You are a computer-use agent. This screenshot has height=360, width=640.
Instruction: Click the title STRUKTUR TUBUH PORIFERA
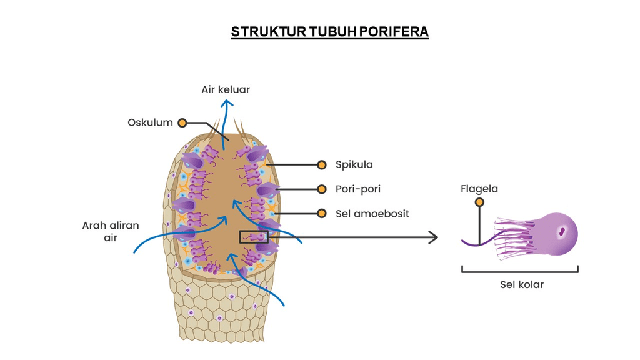[x=329, y=32]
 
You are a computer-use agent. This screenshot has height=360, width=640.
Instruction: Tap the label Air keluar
[x=226, y=89]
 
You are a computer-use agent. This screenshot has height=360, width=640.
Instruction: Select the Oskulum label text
[x=150, y=122]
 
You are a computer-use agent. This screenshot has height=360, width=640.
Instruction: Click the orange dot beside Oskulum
[x=182, y=123]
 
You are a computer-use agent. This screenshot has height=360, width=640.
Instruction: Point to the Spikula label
[x=354, y=165]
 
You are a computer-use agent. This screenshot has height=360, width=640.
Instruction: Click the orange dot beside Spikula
[x=322, y=165]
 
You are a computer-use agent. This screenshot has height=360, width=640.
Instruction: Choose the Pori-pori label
[x=358, y=189]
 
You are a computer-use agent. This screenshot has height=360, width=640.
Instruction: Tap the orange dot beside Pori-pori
[x=322, y=189]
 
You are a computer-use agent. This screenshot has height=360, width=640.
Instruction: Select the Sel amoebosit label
[x=372, y=213]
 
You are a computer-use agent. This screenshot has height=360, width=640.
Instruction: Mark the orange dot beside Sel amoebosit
[x=322, y=213]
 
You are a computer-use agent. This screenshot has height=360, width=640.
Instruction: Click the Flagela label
[x=479, y=188]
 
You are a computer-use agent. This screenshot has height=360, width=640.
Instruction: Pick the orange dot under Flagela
[x=479, y=202]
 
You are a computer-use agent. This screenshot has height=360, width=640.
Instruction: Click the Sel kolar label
[x=522, y=285]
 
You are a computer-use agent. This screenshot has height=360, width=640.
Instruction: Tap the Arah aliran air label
[x=111, y=231]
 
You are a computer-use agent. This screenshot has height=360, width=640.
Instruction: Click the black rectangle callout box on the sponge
[x=254, y=236]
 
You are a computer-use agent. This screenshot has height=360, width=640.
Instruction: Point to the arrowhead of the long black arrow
[x=432, y=237]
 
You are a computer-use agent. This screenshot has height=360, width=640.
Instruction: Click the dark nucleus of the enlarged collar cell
[x=562, y=232]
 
